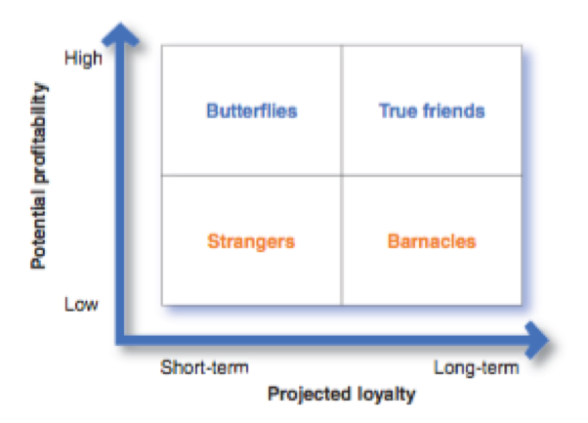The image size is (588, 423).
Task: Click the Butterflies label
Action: coord(251,110)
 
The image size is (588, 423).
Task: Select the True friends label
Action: coord(431,110)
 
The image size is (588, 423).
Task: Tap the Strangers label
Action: coord(251,240)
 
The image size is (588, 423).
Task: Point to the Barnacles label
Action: coord(431,240)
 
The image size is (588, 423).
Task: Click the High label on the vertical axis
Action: coord(82,59)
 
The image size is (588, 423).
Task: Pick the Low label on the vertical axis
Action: coord(81,304)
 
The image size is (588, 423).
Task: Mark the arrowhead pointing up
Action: coord(121,34)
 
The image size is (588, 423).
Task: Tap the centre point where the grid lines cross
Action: coord(341,176)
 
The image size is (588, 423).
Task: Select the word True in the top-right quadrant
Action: coord(396,110)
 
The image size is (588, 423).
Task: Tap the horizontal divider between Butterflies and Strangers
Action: coord(251,176)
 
